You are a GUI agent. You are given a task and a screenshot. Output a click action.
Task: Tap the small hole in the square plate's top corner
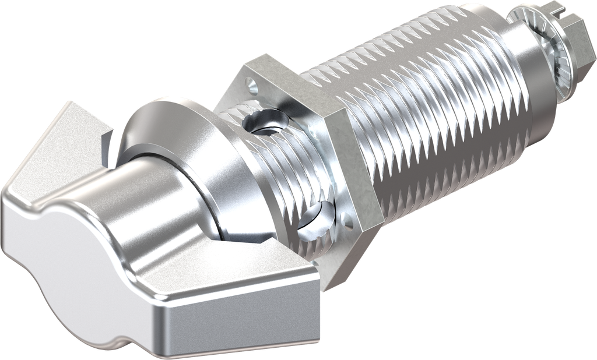(x=252, y=86)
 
